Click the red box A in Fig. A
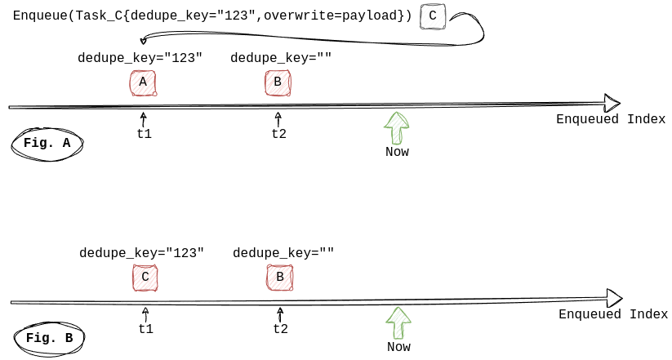tap(143, 83)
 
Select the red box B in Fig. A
tap(278, 82)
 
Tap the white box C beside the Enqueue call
tap(433, 16)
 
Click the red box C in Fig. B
tap(145, 278)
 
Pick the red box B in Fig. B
tap(280, 278)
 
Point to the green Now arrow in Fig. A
tap(397, 127)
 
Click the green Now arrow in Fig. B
tap(398, 322)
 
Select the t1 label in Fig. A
tap(145, 134)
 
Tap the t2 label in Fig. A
tap(279, 134)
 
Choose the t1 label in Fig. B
tap(146, 329)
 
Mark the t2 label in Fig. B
tap(281, 329)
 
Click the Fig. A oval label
tap(47, 143)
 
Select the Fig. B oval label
tap(49, 338)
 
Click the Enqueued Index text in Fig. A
tap(611, 119)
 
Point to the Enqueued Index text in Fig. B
tap(613, 314)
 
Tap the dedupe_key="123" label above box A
tap(140, 58)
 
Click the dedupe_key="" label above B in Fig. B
tap(283, 253)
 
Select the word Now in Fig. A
tap(397, 152)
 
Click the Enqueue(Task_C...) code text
tap(212, 16)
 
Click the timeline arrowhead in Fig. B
tap(615, 298)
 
